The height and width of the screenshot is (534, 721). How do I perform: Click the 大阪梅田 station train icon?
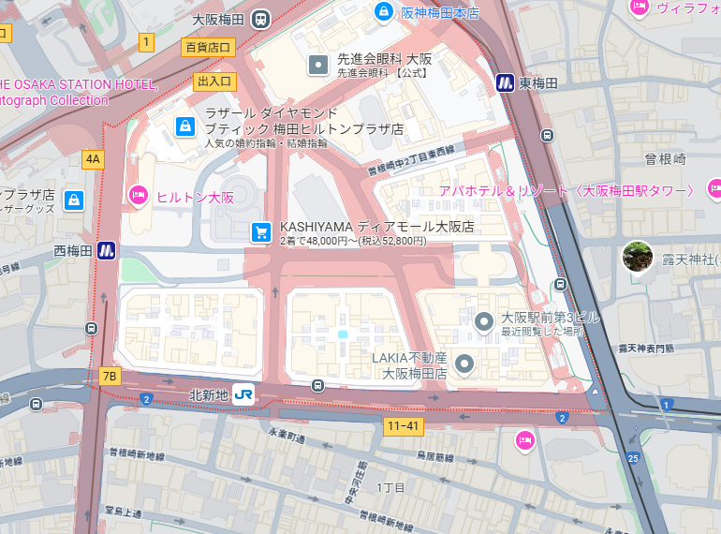click(x=260, y=19)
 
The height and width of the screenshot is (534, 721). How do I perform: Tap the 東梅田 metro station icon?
click(x=506, y=83)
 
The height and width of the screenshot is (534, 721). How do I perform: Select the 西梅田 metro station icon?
click(x=107, y=250)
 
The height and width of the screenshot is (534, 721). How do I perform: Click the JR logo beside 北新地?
click(x=244, y=394)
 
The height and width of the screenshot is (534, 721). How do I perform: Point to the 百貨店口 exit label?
click(x=207, y=46)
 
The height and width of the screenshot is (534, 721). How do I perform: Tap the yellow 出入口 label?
click(x=215, y=82)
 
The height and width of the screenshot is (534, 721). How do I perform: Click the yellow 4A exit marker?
click(x=93, y=159)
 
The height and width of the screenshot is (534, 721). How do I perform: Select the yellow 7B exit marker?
click(x=110, y=377)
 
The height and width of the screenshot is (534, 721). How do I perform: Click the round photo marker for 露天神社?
click(x=638, y=256)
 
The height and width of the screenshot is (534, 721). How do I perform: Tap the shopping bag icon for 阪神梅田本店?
click(x=382, y=11)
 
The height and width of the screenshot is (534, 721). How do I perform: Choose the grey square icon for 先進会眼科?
click(x=318, y=65)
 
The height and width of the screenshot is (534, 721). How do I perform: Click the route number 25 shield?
click(x=634, y=458)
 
